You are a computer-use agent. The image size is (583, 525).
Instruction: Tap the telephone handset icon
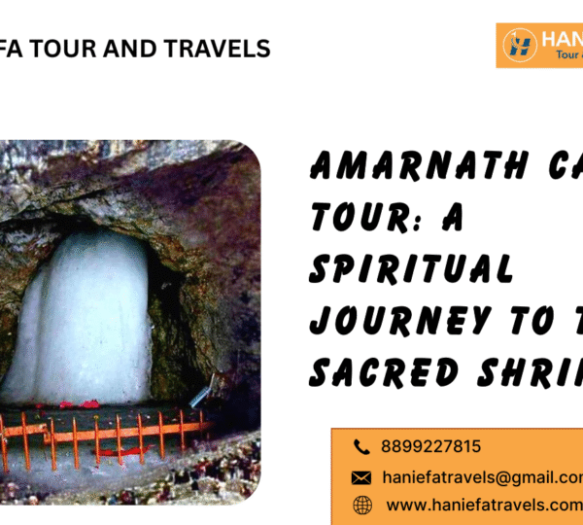(x=361, y=447)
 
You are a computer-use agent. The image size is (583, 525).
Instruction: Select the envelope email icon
(x=361, y=477)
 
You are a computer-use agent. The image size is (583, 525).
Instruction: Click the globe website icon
(x=361, y=505)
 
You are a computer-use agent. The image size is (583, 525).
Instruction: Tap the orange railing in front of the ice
(x=107, y=429)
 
